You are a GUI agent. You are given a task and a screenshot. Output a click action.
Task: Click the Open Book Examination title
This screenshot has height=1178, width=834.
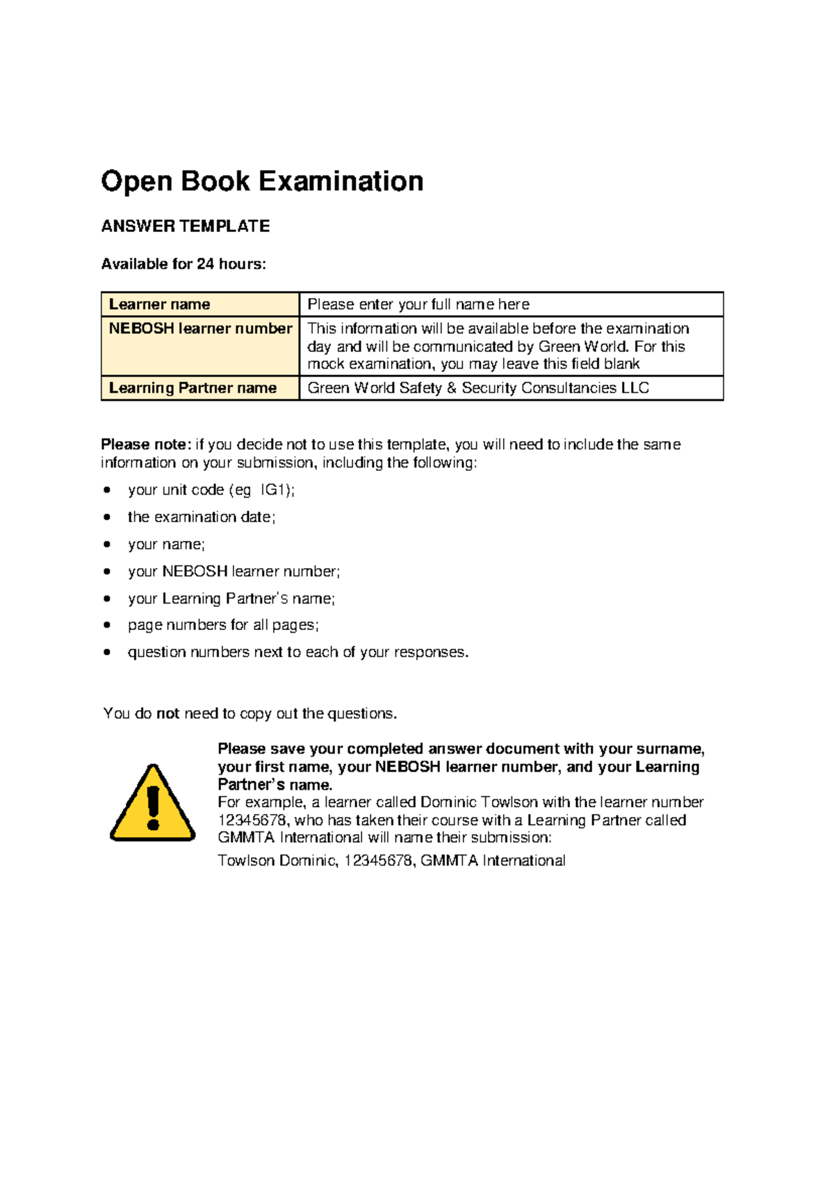click(262, 181)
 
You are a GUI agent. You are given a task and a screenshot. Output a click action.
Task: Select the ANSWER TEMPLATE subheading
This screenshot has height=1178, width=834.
click(185, 226)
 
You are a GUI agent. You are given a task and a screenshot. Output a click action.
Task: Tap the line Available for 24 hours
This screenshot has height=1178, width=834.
click(183, 264)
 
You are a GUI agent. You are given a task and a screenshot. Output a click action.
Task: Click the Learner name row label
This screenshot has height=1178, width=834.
click(159, 304)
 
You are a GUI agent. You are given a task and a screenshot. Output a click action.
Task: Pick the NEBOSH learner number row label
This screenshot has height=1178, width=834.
click(200, 329)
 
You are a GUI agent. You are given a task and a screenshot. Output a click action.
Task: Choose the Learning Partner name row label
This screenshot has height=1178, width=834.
click(193, 388)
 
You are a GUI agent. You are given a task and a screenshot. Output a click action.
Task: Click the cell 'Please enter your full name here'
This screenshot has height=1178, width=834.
click(418, 304)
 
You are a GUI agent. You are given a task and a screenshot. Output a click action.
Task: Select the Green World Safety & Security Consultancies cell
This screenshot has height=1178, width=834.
click(478, 388)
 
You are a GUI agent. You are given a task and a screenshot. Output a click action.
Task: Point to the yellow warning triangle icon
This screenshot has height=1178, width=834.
click(153, 804)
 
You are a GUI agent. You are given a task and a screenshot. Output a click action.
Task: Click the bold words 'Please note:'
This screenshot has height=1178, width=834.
click(145, 445)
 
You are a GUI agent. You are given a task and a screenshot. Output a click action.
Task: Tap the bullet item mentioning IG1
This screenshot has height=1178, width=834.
click(211, 490)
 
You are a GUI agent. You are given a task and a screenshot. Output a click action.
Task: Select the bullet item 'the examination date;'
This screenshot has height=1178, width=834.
click(202, 517)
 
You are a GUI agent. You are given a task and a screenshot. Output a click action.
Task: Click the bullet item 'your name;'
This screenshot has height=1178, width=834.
click(166, 545)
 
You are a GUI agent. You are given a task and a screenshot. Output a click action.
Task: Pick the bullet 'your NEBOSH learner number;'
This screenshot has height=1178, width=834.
click(234, 572)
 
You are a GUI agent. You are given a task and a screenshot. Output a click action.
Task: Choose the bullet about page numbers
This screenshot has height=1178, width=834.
click(223, 625)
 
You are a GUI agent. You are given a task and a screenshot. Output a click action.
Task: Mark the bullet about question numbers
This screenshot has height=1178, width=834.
click(298, 652)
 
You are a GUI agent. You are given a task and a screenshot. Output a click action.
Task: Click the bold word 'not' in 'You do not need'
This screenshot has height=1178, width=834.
click(168, 714)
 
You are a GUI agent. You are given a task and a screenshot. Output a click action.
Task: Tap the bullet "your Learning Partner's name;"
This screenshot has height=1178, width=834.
click(231, 599)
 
